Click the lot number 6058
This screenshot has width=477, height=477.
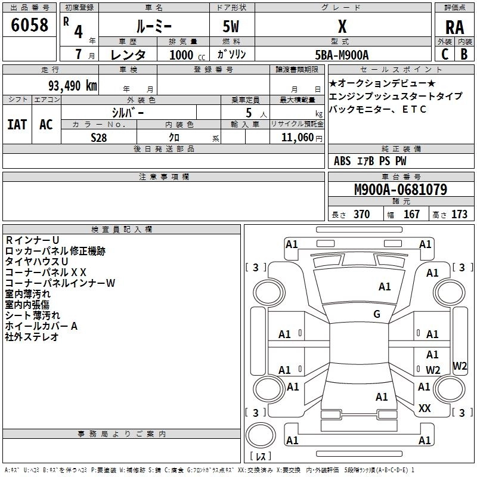(x=29, y=26)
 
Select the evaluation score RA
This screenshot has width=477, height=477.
(x=454, y=27)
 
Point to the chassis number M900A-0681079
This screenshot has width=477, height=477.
(x=400, y=190)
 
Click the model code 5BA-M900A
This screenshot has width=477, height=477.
(x=342, y=55)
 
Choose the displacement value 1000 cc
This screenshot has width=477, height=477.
(x=182, y=55)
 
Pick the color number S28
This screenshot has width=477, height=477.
(x=98, y=137)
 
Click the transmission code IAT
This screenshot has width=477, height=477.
(x=17, y=124)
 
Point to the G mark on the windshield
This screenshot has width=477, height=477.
(x=377, y=314)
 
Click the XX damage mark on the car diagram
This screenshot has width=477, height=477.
(x=425, y=408)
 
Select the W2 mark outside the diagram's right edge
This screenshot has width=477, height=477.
(x=460, y=366)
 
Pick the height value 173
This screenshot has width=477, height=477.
(x=459, y=214)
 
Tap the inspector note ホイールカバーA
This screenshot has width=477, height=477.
(x=41, y=326)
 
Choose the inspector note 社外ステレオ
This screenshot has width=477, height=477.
(x=32, y=337)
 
